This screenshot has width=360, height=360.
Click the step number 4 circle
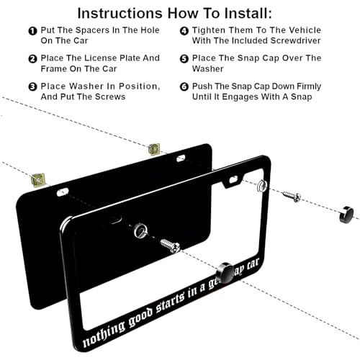pyautogui.click(x=184, y=31)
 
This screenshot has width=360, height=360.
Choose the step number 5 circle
pyautogui.click(x=184, y=58)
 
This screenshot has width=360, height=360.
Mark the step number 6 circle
pyautogui.click(x=184, y=86)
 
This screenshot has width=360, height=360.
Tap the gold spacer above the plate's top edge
pyautogui.click(x=153, y=149)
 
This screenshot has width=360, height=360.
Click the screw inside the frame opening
pyautogui.click(x=168, y=246)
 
